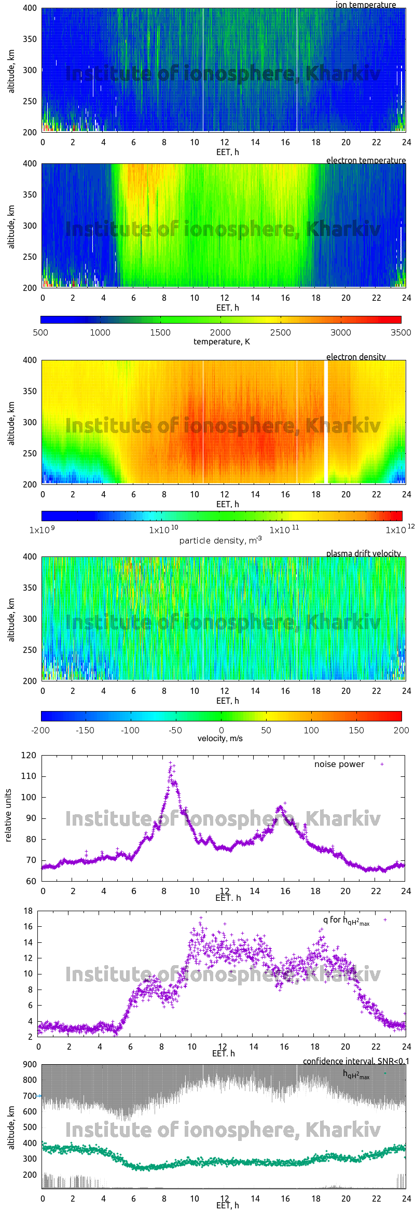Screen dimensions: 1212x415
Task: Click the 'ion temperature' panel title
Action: tap(365, 5)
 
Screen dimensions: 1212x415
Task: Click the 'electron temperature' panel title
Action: tap(366, 160)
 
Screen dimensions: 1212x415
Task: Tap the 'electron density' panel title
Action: tap(356, 357)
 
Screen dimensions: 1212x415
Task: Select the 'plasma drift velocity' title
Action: tap(363, 553)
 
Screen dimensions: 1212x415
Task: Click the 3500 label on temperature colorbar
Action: tap(400, 332)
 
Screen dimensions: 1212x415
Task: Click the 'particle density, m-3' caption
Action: tap(220, 540)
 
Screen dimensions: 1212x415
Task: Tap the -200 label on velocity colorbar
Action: tap(40, 730)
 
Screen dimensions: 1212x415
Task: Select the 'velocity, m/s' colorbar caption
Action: tap(220, 738)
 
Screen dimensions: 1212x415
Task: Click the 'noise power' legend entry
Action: tap(339, 764)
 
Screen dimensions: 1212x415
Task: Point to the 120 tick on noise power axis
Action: tap(29, 755)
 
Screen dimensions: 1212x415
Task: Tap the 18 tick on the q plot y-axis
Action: tap(28, 911)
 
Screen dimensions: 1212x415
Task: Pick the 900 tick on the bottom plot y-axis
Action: tap(29, 1064)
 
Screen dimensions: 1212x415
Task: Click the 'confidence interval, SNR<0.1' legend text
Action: tap(355, 1061)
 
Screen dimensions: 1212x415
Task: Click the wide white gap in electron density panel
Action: tap(326, 421)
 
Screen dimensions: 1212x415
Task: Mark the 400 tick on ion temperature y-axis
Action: tap(30, 8)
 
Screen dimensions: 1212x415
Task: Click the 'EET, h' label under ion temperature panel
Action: tap(227, 152)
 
